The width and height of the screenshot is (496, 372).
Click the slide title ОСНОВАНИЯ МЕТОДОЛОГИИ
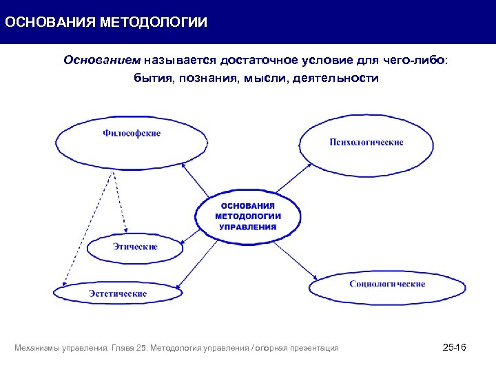[x=105, y=22]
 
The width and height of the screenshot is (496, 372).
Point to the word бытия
[x=152, y=78]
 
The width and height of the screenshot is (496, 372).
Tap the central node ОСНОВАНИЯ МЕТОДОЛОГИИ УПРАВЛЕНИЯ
[x=247, y=216]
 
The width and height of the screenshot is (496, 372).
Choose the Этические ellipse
[x=138, y=247]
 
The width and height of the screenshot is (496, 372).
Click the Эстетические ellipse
[x=118, y=293]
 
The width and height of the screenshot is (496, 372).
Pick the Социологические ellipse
[x=387, y=285]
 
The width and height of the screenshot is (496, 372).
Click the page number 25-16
[x=454, y=347]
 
